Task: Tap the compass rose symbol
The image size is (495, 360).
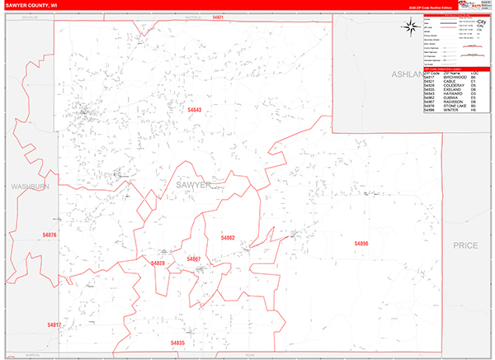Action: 411,26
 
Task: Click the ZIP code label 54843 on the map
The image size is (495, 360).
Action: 192,109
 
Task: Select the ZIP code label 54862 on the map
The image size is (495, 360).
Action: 228,238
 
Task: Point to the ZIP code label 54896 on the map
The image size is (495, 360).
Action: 361,244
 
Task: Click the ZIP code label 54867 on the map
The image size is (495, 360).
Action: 194,259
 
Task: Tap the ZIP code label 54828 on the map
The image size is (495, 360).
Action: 158,263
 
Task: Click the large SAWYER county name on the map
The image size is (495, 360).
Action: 194,186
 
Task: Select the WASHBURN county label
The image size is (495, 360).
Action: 31,187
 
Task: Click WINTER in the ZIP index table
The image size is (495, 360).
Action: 451,110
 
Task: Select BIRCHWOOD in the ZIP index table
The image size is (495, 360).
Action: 456,77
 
